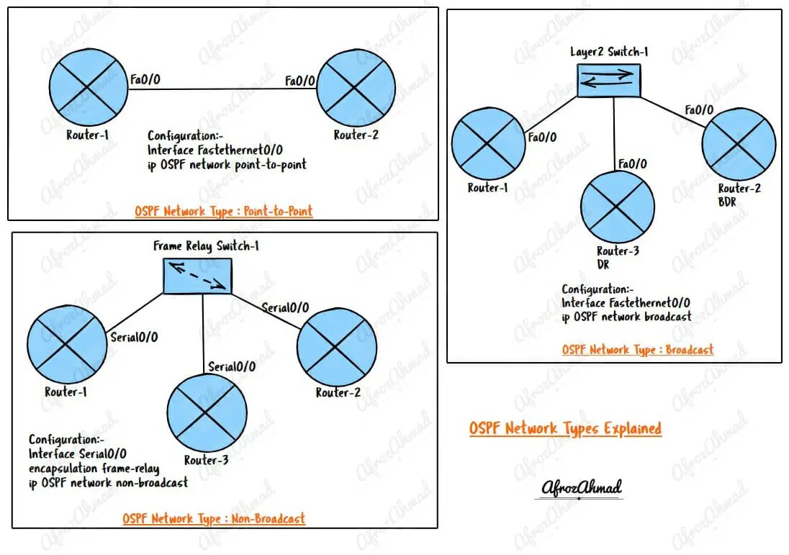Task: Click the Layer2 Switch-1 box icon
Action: [608, 81]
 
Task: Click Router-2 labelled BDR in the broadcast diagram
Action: [739, 143]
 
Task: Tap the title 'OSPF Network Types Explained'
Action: [565, 429]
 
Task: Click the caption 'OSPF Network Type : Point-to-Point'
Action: [223, 212]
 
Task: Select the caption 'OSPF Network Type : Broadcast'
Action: [638, 350]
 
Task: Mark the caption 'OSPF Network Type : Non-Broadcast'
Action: [213, 518]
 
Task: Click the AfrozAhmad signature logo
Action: [582, 488]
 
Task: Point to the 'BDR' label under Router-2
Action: [726, 202]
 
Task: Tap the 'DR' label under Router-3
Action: [604, 264]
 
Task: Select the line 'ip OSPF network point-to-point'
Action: [227, 164]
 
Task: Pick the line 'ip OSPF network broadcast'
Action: [626, 316]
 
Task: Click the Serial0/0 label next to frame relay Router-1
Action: [133, 337]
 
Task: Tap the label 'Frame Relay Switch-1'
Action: [206, 246]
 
